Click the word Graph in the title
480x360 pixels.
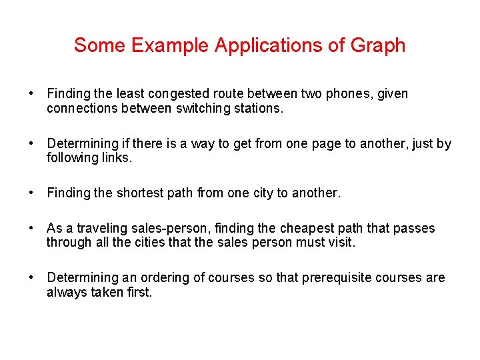tap(378, 46)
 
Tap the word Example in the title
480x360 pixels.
tap(169, 45)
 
